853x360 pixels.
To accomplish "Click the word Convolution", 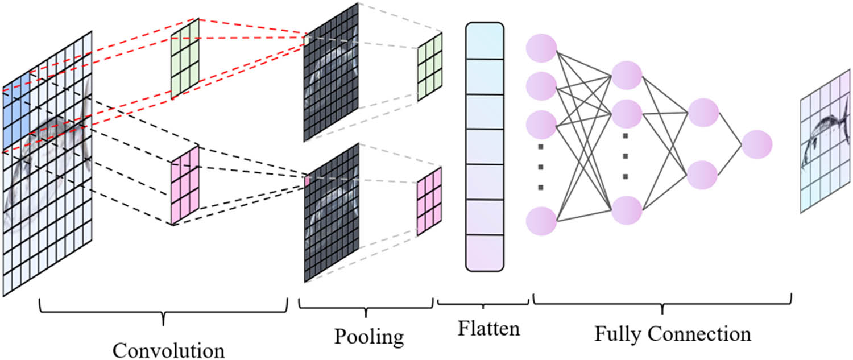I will tap(168, 349).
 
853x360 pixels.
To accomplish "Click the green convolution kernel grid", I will tap(185, 59).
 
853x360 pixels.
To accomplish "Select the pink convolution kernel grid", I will tap(185, 184).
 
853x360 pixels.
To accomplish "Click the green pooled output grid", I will tap(430, 67).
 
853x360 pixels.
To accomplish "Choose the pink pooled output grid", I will tap(430, 200).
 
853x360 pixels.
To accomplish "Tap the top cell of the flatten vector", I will tap(485, 42).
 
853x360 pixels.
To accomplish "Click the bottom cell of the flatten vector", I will tap(485, 252).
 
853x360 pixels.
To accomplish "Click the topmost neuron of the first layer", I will tap(541, 48).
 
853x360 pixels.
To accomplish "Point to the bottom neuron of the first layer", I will tap(541, 221).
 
